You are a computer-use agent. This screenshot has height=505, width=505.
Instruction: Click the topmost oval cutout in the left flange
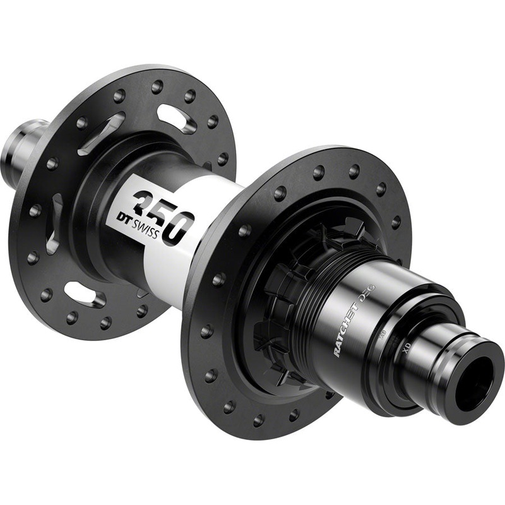(176, 117)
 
